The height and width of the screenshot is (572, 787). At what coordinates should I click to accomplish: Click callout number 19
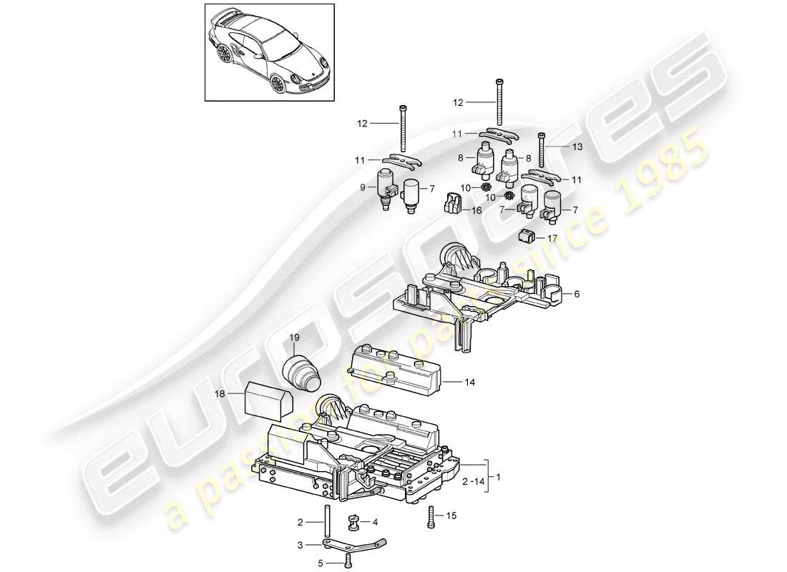[x=294, y=337]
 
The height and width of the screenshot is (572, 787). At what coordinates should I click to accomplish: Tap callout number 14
[x=470, y=383]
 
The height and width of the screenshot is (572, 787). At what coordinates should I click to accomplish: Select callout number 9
[x=363, y=187]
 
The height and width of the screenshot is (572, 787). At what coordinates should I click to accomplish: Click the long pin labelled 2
[x=327, y=527]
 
